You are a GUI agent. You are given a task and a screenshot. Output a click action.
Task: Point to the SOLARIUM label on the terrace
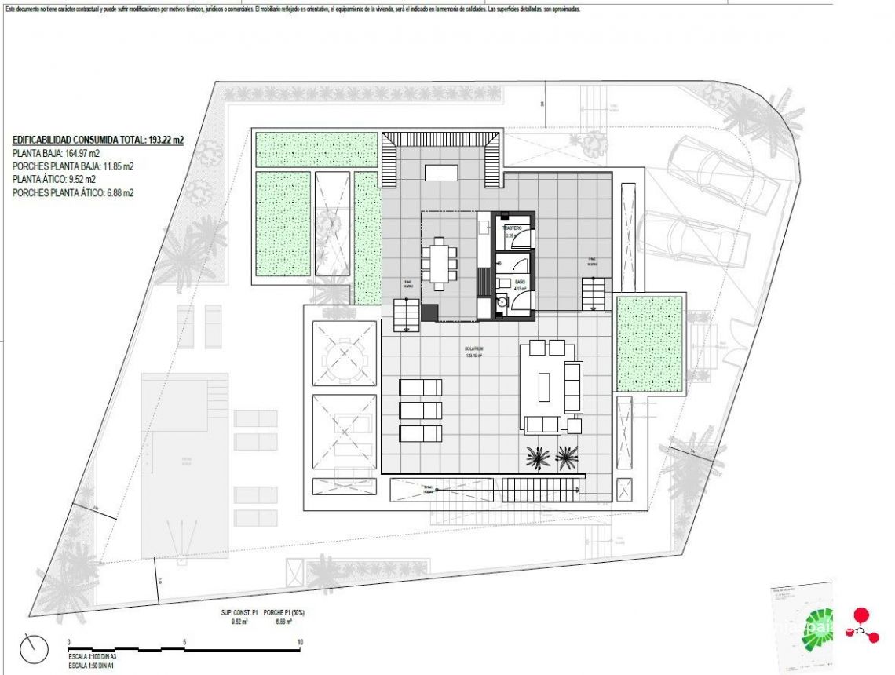coord(473,348)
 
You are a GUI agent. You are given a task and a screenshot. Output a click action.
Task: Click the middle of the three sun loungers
coord(421,410)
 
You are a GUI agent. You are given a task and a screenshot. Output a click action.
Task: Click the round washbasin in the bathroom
coord(502,300)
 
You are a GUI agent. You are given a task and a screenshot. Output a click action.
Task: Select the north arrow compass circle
coord(34,648)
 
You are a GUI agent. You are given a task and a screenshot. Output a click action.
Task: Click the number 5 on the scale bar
coord(184,642)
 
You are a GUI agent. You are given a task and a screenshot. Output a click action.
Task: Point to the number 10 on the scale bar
coord(300,642)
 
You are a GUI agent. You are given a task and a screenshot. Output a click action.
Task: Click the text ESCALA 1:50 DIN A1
coord(93,665)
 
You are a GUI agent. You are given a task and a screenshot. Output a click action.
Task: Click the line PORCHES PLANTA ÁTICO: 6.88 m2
coord(73,192)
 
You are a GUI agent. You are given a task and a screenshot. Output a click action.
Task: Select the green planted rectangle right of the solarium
coord(648,344)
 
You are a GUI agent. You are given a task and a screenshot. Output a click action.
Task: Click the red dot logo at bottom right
coord(862,616)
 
